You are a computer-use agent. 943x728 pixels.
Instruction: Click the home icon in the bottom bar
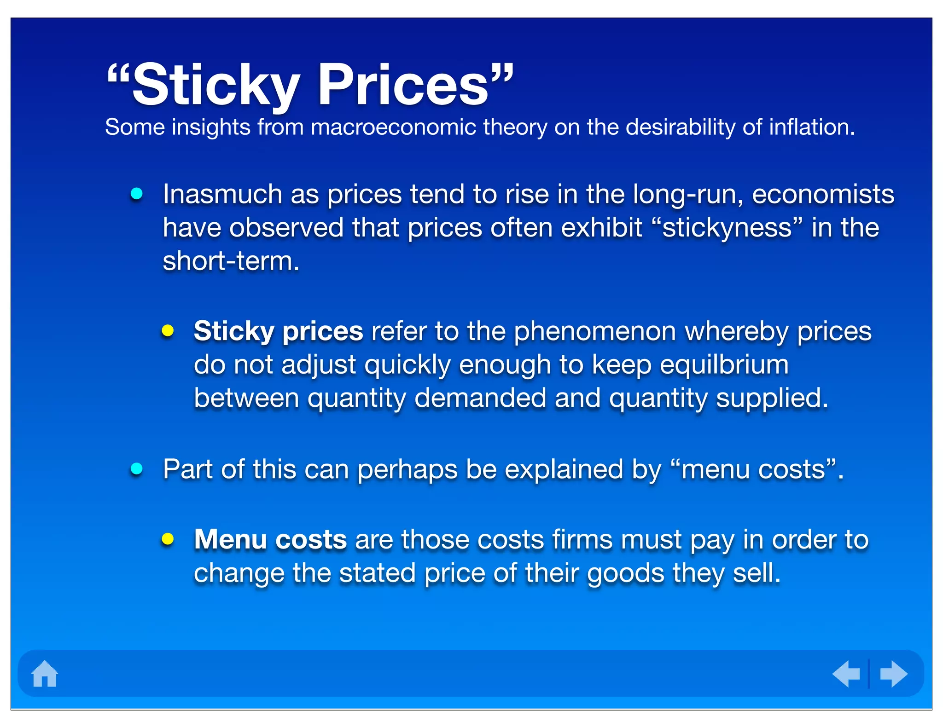pyautogui.click(x=45, y=674)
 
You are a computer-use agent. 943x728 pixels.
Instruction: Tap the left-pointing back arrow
pyautogui.click(x=846, y=674)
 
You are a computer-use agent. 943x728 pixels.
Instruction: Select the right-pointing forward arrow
pyautogui.click(x=893, y=674)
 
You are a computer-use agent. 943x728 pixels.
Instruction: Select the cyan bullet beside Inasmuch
pyautogui.click(x=137, y=194)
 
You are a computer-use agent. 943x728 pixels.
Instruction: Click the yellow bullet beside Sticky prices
pyautogui.click(x=168, y=330)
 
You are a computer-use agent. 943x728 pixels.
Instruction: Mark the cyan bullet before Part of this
pyautogui.click(x=137, y=469)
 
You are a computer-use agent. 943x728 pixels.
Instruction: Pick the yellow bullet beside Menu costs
pyautogui.click(x=168, y=539)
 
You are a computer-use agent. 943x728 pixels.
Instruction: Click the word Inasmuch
pyautogui.click(x=222, y=194)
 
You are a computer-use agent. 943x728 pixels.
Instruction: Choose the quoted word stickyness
pyautogui.click(x=727, y=228)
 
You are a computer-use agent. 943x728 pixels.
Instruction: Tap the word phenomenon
pyautogui.click(x=594, y=331)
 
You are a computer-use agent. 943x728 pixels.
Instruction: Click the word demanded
pyautogui.click(x=480, y=398)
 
